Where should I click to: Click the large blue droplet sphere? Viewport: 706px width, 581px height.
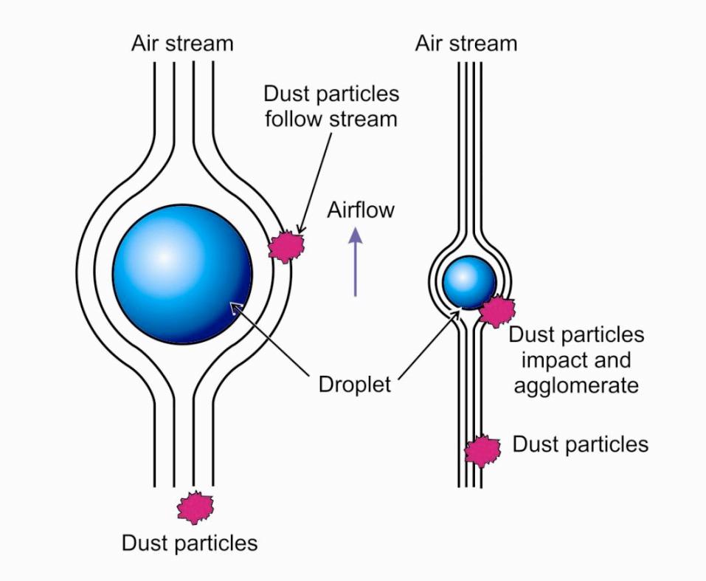tap(182, 274)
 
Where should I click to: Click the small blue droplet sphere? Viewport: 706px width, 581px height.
tap(469, 281)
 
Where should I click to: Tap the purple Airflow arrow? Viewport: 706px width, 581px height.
tap(356, 261)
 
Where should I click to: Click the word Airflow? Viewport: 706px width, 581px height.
tap(361, 210)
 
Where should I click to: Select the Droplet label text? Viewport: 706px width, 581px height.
tap(355, 384)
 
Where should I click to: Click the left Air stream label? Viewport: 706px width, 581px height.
tap(182, 43)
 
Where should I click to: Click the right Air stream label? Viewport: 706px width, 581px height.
tap(466, 43)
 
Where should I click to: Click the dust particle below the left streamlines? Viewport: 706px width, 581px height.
tap(195, 507)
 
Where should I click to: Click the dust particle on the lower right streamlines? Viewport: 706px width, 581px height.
tap(482, 450)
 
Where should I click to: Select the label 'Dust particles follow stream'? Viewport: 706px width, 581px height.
tap(331, 106)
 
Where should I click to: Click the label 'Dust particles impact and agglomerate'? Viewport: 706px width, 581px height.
tap(577, 360)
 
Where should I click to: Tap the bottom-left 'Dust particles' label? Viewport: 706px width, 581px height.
tap(190, 543)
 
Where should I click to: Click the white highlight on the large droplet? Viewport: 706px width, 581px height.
tap(163, 256)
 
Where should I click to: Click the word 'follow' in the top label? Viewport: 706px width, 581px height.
tap(295, 118)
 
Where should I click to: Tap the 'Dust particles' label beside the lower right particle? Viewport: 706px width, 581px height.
tap(581, 444)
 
